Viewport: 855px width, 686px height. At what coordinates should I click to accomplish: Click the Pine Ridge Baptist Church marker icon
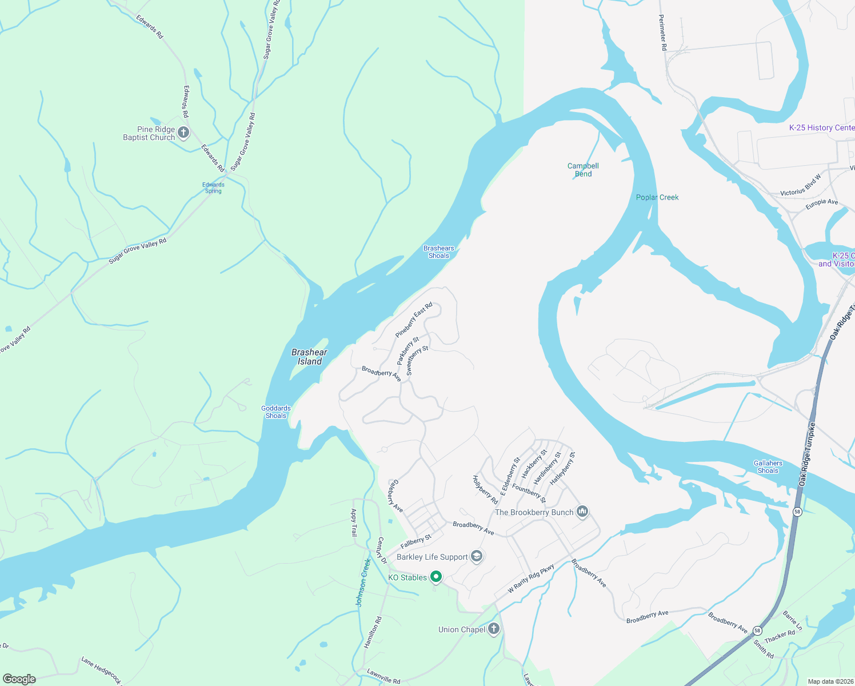click(183, 133)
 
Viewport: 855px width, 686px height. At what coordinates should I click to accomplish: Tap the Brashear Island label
click(309, 357)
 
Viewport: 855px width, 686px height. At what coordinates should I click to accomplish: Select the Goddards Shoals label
click(276, 412)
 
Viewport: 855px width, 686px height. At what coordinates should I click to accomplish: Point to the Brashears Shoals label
click(438, 252)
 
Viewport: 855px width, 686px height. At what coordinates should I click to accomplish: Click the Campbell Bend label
click(583, 170)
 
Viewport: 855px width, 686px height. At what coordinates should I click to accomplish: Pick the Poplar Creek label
click(657, 197)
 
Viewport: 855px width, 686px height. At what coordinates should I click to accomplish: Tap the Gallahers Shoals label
click(768, 467)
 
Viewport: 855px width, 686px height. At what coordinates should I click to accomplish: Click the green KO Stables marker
click(436, 577)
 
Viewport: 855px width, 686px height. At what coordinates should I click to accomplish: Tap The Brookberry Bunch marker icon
click(582, 511)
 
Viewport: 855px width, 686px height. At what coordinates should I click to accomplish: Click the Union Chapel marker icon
click(494, 629)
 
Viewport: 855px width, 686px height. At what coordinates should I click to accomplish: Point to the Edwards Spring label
click(213, 188)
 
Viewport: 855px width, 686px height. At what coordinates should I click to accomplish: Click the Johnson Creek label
click(363, 582)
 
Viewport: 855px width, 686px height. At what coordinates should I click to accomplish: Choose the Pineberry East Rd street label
click(414, 321)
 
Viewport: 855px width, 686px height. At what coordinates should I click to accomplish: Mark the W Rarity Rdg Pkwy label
click(531, 579)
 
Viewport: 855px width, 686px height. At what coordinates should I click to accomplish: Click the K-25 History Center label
click(821, 127)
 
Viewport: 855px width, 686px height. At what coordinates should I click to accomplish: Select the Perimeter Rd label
click(663, 33)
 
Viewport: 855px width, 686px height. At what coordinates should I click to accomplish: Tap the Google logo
click(19, 679)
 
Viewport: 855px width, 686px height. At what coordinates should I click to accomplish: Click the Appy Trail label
click(354, 523)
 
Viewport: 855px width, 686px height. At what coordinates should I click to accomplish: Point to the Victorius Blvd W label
click(800, 185)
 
